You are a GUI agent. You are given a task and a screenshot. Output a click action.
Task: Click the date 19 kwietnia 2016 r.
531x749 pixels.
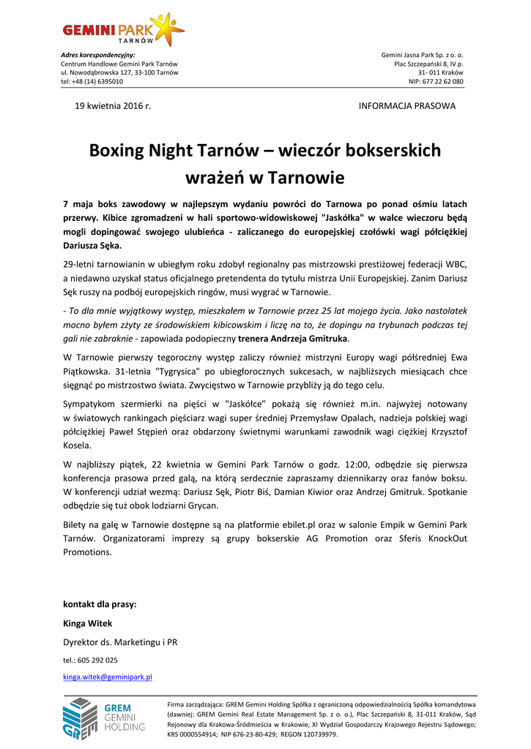click(113, 106)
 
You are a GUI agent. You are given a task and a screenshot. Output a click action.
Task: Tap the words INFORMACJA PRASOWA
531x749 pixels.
click(406, 106)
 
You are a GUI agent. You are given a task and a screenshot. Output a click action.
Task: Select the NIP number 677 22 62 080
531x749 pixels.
click(444, 82)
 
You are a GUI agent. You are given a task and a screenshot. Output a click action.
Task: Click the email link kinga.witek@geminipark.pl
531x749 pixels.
click(108, 677)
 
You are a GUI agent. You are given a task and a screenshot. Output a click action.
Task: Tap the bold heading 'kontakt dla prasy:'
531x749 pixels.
click(100, 604)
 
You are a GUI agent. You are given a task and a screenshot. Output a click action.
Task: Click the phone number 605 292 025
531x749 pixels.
click(99, 660)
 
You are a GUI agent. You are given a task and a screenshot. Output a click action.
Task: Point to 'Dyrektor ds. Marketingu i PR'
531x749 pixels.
click(120, 642)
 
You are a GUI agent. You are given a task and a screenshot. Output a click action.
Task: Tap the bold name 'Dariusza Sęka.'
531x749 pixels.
click(92, 246)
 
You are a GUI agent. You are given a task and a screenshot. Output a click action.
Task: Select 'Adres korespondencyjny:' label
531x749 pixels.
click(97, 56)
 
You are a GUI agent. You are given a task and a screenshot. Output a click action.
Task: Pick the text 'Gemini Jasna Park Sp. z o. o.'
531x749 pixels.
click(422, 56)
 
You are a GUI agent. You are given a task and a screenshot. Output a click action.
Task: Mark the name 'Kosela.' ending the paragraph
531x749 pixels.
click(78, 445)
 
